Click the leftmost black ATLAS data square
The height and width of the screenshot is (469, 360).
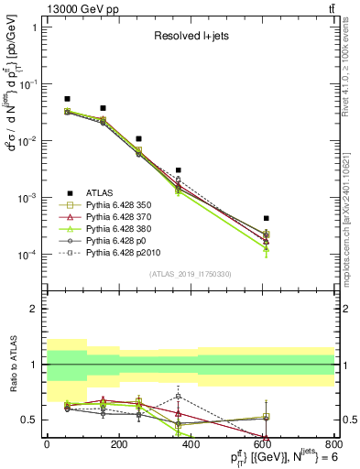tap(67, 99)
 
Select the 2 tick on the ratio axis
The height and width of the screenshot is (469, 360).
tap(35, 309)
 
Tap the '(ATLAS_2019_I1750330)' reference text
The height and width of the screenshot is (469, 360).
tap(188, 273)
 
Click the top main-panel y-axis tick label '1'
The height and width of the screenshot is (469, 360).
tap(35, 27)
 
